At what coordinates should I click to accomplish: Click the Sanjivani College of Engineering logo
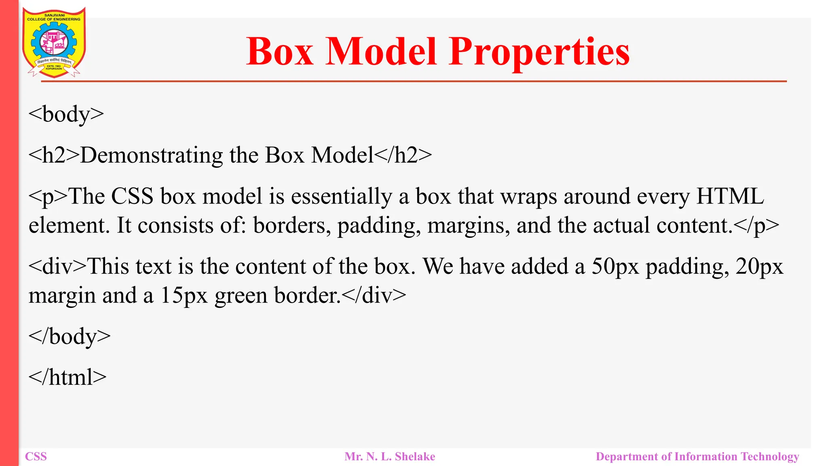point(54,42)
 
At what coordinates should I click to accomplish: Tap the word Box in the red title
point(280,52)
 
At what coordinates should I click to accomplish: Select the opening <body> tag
point(66,114)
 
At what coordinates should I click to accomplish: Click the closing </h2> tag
point(403,155)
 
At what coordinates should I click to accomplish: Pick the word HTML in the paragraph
point(730,197)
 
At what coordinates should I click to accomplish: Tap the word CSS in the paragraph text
point(132,197)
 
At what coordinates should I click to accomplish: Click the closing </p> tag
point(756,226)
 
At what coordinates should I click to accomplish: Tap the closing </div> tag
point(374,295)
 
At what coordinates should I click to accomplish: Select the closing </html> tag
point(68,377)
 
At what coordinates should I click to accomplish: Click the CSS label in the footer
point(36,457)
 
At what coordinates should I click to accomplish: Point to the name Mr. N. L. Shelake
point(390,457)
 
